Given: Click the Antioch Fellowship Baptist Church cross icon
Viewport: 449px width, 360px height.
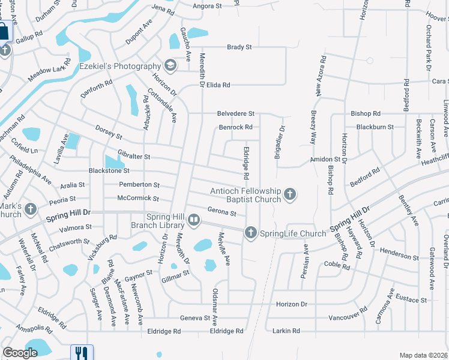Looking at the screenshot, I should tap(290, 193).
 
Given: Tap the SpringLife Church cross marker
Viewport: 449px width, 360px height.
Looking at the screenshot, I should tap(250, 232).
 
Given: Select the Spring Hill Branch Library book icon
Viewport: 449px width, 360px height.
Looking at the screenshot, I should tap(194, 221).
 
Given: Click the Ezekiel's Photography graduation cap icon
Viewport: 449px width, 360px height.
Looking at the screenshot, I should tap(170, 65).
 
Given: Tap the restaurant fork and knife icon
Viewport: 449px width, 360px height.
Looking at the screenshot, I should tap(80, 353).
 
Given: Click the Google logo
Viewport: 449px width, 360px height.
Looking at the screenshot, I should tap(20, 353).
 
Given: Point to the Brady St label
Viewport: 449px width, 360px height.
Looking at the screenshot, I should tap(239, 47).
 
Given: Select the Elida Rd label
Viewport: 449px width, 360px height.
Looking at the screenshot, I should tap(218, 85).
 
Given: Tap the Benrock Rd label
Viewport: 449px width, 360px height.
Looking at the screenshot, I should tap(235, 127).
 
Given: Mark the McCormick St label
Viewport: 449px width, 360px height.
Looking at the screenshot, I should tap(138, 198).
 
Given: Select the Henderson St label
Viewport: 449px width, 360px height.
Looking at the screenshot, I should tap(400, 257).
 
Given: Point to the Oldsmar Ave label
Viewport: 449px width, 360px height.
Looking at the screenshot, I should tap(215, 306).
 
